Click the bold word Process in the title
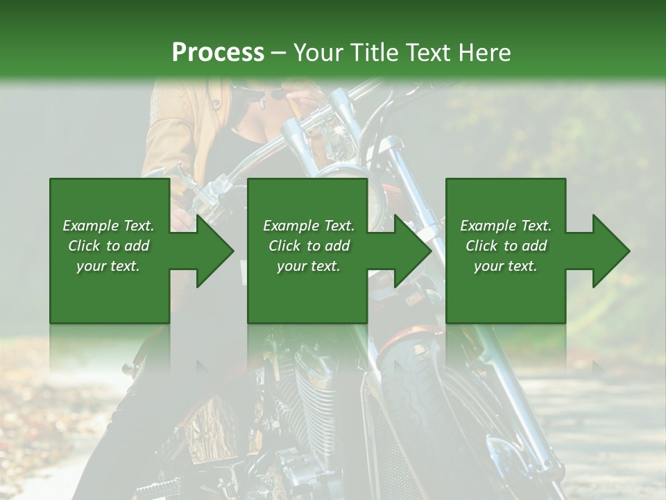218,52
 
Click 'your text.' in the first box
108,266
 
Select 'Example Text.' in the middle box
309,226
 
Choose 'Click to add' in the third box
506,246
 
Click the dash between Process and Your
279,53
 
